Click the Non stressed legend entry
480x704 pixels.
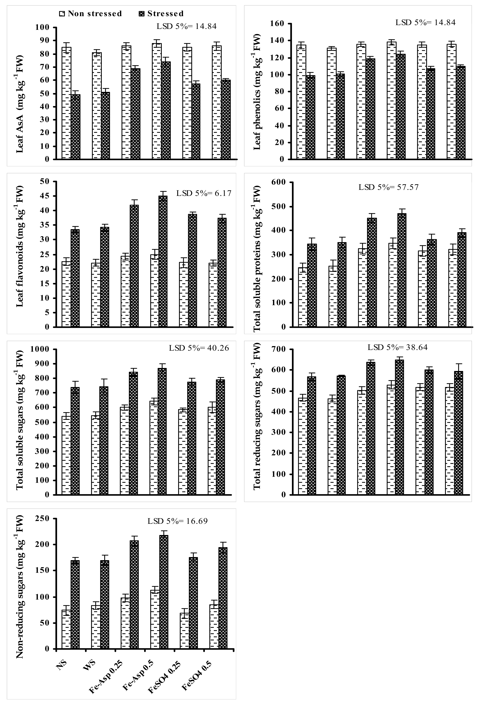pos(91,14)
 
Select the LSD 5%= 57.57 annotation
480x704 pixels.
pos(389,187)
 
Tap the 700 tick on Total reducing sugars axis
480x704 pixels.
pos(279,349)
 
